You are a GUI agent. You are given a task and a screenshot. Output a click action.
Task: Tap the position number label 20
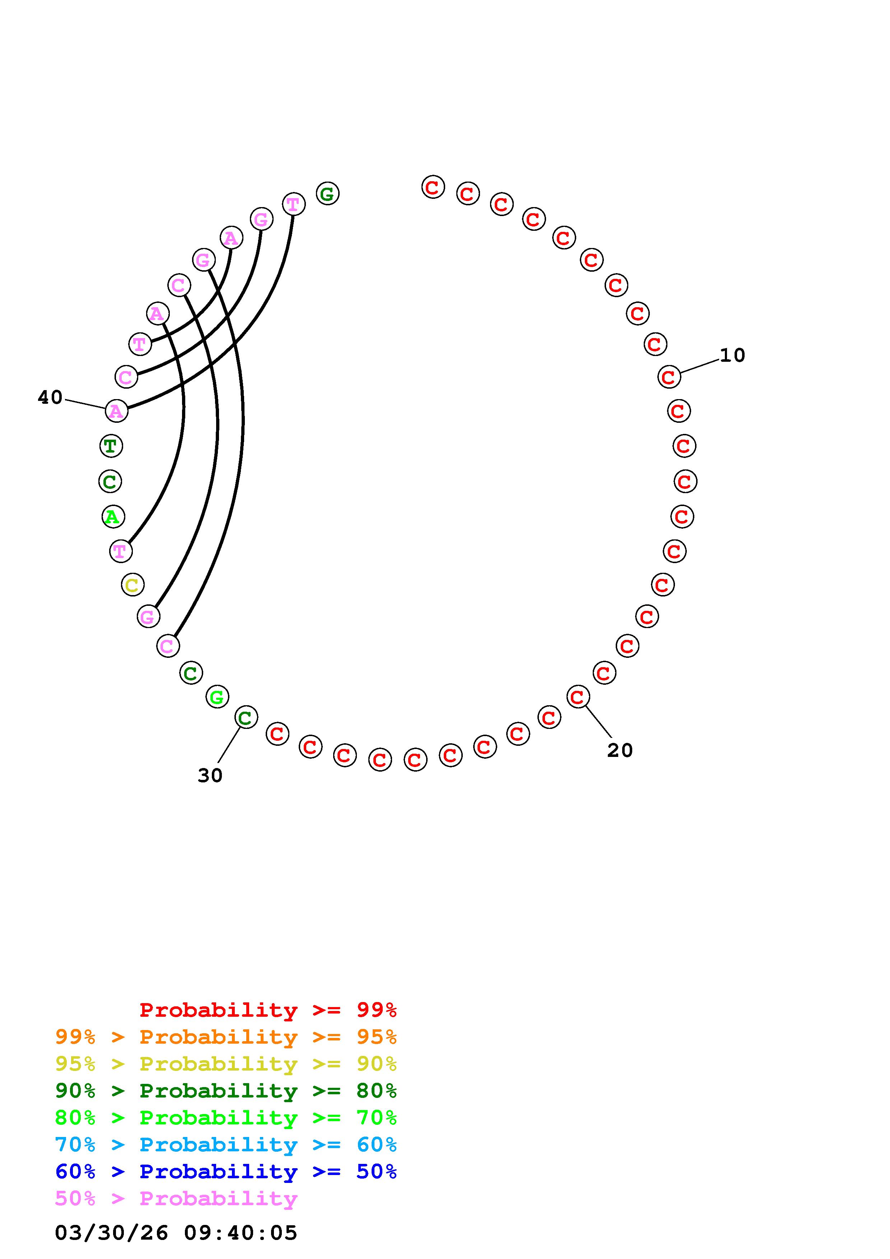click(x=620, y=750)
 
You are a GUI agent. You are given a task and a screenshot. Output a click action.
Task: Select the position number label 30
click(x=210, y=775)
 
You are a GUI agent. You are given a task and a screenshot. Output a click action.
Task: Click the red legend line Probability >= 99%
click(x=268, y=1010)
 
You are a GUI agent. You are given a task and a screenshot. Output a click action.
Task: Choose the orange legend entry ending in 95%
click(x=226, y=1037)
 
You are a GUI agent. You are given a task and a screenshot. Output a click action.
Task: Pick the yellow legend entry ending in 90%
click(x=226, y=1064)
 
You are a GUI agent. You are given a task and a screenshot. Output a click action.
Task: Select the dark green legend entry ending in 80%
click(x=226, y=1091)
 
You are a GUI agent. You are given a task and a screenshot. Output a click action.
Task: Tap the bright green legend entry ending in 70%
click(x=226, y=1118)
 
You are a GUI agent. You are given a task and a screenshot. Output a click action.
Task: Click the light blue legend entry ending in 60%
click(x=226, y=1145)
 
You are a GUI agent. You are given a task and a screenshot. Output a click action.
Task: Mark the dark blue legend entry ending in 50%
click(x=226, y=1171)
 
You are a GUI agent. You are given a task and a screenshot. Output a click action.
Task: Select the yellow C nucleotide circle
click(x=132, y=585)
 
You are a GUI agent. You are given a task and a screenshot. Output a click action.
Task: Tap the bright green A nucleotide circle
click(x=113, y=516)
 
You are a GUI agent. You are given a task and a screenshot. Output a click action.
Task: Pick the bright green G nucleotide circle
click(x=217, y=697)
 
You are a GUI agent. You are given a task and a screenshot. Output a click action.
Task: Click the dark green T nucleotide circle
click(x=111, y=446)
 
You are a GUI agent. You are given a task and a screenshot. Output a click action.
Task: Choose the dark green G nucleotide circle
click(x=327, y=193)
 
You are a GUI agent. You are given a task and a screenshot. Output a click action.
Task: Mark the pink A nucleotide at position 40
click(x=116, y=411)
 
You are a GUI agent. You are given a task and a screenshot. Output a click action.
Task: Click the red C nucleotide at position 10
click(x=668, y=377)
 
